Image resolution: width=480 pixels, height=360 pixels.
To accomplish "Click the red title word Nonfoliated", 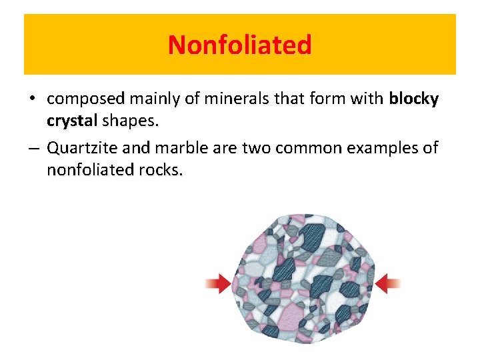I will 240,45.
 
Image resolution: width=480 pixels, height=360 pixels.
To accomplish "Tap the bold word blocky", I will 413,99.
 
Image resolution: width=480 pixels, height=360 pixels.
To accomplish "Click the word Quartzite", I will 85,147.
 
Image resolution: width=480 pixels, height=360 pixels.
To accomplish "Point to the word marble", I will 180,147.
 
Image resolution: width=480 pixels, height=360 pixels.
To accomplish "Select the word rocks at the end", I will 160,170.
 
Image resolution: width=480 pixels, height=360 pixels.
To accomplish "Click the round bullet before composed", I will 32,100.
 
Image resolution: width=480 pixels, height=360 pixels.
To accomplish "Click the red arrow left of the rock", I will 217,285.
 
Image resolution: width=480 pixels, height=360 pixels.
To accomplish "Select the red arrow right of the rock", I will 388,285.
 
